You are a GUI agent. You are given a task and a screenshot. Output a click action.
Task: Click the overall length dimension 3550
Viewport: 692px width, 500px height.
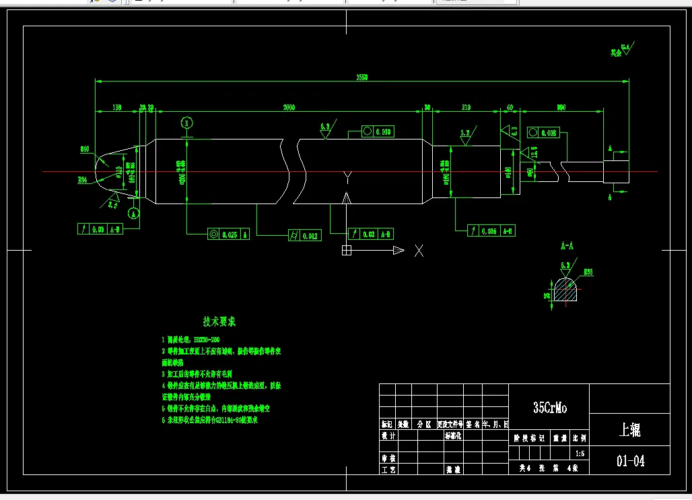click(362, 77)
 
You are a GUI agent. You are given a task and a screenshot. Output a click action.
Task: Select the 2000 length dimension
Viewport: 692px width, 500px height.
click(289, 107)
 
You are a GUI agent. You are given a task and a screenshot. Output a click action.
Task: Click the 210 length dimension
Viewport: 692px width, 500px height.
click(466, 107)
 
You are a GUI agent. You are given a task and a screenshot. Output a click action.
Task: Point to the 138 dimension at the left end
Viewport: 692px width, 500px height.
click(116, 107)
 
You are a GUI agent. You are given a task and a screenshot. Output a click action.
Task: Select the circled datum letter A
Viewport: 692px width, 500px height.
click(134, 214)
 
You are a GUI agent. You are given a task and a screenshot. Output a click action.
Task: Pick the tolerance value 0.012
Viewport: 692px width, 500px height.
click(311, 236)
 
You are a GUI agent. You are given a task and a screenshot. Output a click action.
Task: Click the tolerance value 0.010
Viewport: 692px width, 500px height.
click(383, 131)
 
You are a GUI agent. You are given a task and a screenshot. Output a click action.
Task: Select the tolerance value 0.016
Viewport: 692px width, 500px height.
click(488, 230)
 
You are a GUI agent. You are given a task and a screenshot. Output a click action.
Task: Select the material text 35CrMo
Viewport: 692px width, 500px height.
click(550, 408)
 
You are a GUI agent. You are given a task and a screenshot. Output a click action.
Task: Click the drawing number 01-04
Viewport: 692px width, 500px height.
click(630, 461)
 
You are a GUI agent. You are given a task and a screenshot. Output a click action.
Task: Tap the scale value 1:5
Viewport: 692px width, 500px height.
click(580, 454)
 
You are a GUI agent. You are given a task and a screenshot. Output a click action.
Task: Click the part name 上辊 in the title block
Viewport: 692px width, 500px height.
click(629, 430)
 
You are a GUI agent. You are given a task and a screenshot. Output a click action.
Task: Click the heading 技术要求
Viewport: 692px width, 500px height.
click(219, 321)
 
